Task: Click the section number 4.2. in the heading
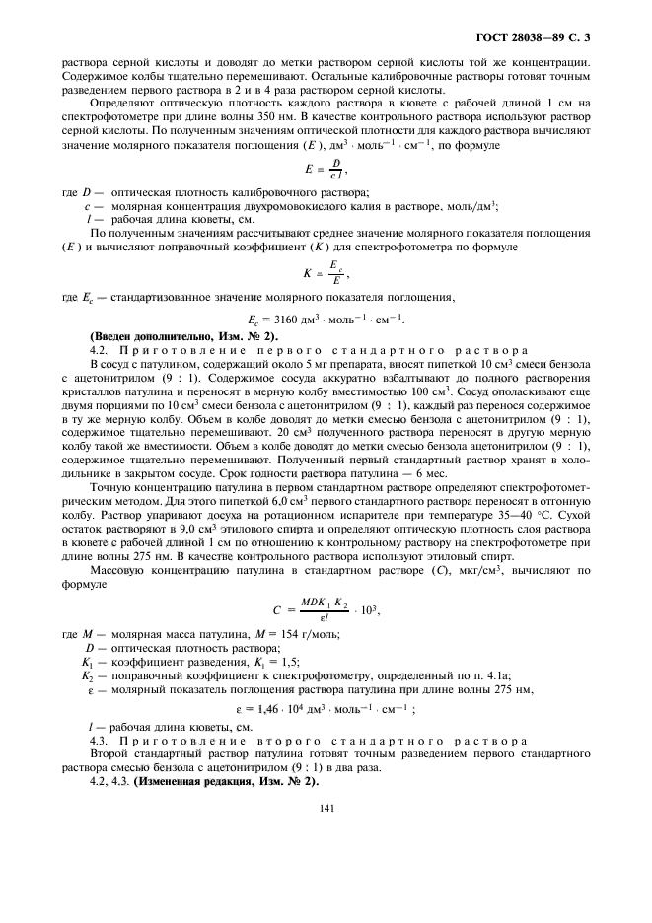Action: (x=101, y=350)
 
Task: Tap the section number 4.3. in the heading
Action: (x=101, y=739)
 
